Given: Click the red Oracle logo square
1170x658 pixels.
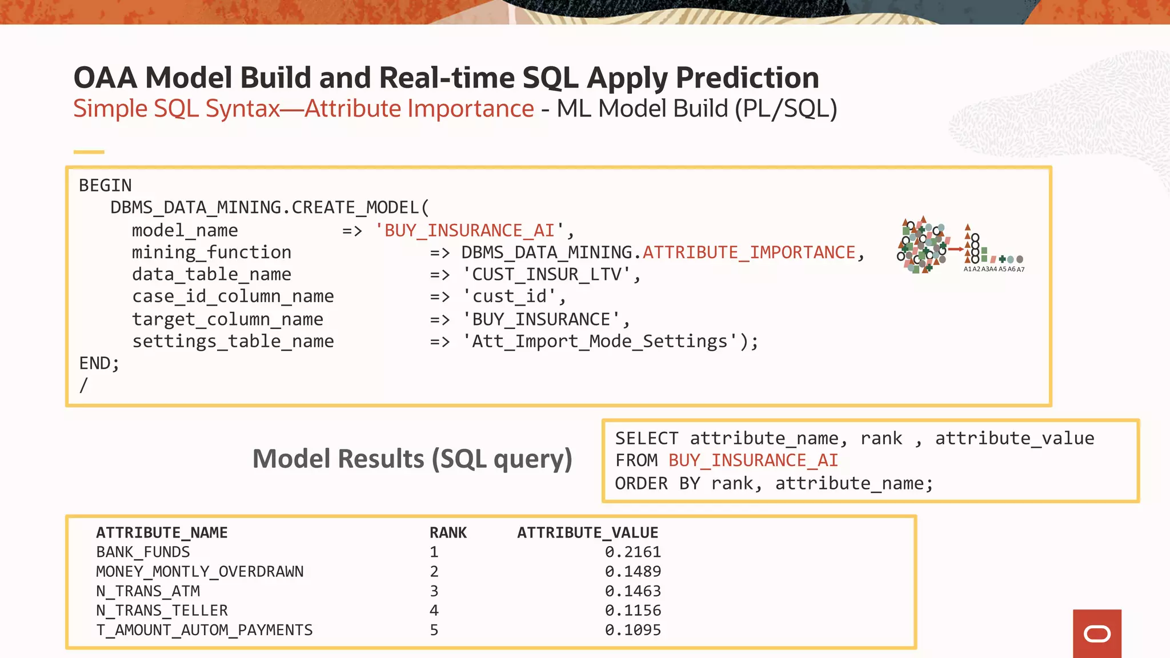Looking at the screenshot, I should (x=1096, y=633).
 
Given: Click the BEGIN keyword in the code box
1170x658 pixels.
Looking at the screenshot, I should (x=105, y=186).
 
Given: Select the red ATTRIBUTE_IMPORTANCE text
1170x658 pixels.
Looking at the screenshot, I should (x=749, y=252).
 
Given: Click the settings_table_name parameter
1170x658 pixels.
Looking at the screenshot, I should (x=233, y=342).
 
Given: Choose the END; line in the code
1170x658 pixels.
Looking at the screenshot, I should (x=99, y=363).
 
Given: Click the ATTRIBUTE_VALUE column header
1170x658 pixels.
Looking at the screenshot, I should (x=587, y=533).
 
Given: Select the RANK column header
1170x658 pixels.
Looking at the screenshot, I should (x=448, y=533).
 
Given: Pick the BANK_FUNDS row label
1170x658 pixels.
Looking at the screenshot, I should (x=143, y=552).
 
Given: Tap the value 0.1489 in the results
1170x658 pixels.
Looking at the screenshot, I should (x=632, y=572).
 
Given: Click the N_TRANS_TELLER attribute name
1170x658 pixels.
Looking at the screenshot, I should (x=162, y=611).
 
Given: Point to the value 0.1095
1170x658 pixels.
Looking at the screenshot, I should (x=632, y=630).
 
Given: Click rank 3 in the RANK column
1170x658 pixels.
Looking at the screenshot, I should (x=434, y=591).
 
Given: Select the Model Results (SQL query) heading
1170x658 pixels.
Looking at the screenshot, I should (x=412, y=459).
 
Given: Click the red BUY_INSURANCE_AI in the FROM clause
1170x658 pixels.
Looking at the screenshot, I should (x=752, y=460).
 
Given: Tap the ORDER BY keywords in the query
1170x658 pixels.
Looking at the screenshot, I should (x=657, y=484).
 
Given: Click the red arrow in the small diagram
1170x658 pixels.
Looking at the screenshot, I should (x=956, y=249).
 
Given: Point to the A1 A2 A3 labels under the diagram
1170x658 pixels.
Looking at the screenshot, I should (x=980, y=269).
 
